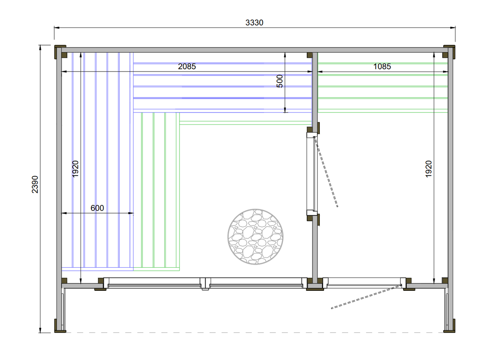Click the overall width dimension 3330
pyautogui.click(x=254, y=22)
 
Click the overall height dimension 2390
pyautogui.click(x=35, y=184)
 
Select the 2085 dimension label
pyautogui.click(x=187, y=66)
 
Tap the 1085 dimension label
pyautogui.click(x=382, y=66)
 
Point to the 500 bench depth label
pyautogui.click(x=280, y=81)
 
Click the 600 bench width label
pyautogui.click(x=97, y=208)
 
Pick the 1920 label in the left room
pyautogui.click(x=75, y=169)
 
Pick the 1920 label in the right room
pyautogui.click(x=428, y=169)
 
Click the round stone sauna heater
pyautogui.click(x=255, y=237)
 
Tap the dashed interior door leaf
pyautogui.click(x=326, y=171)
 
